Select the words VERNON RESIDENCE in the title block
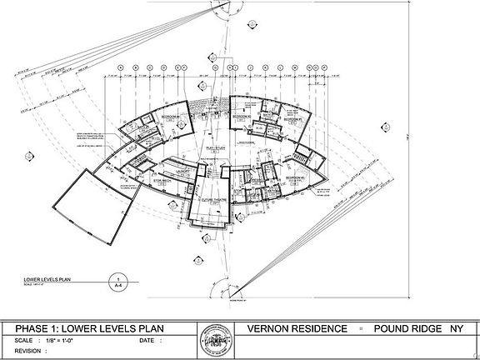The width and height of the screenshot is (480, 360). pyautogui.click(x=297, y=328)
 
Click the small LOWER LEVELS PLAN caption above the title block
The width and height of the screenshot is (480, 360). pyautogui.click(x=47, y=278)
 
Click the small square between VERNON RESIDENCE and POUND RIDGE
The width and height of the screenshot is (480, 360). pyautogui.click(x=362, y=328)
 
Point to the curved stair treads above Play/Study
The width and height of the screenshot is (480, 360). pyautogui.click(x=213, y=109)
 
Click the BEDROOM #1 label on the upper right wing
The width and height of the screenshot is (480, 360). pyautogui.click(x=292, y=119)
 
